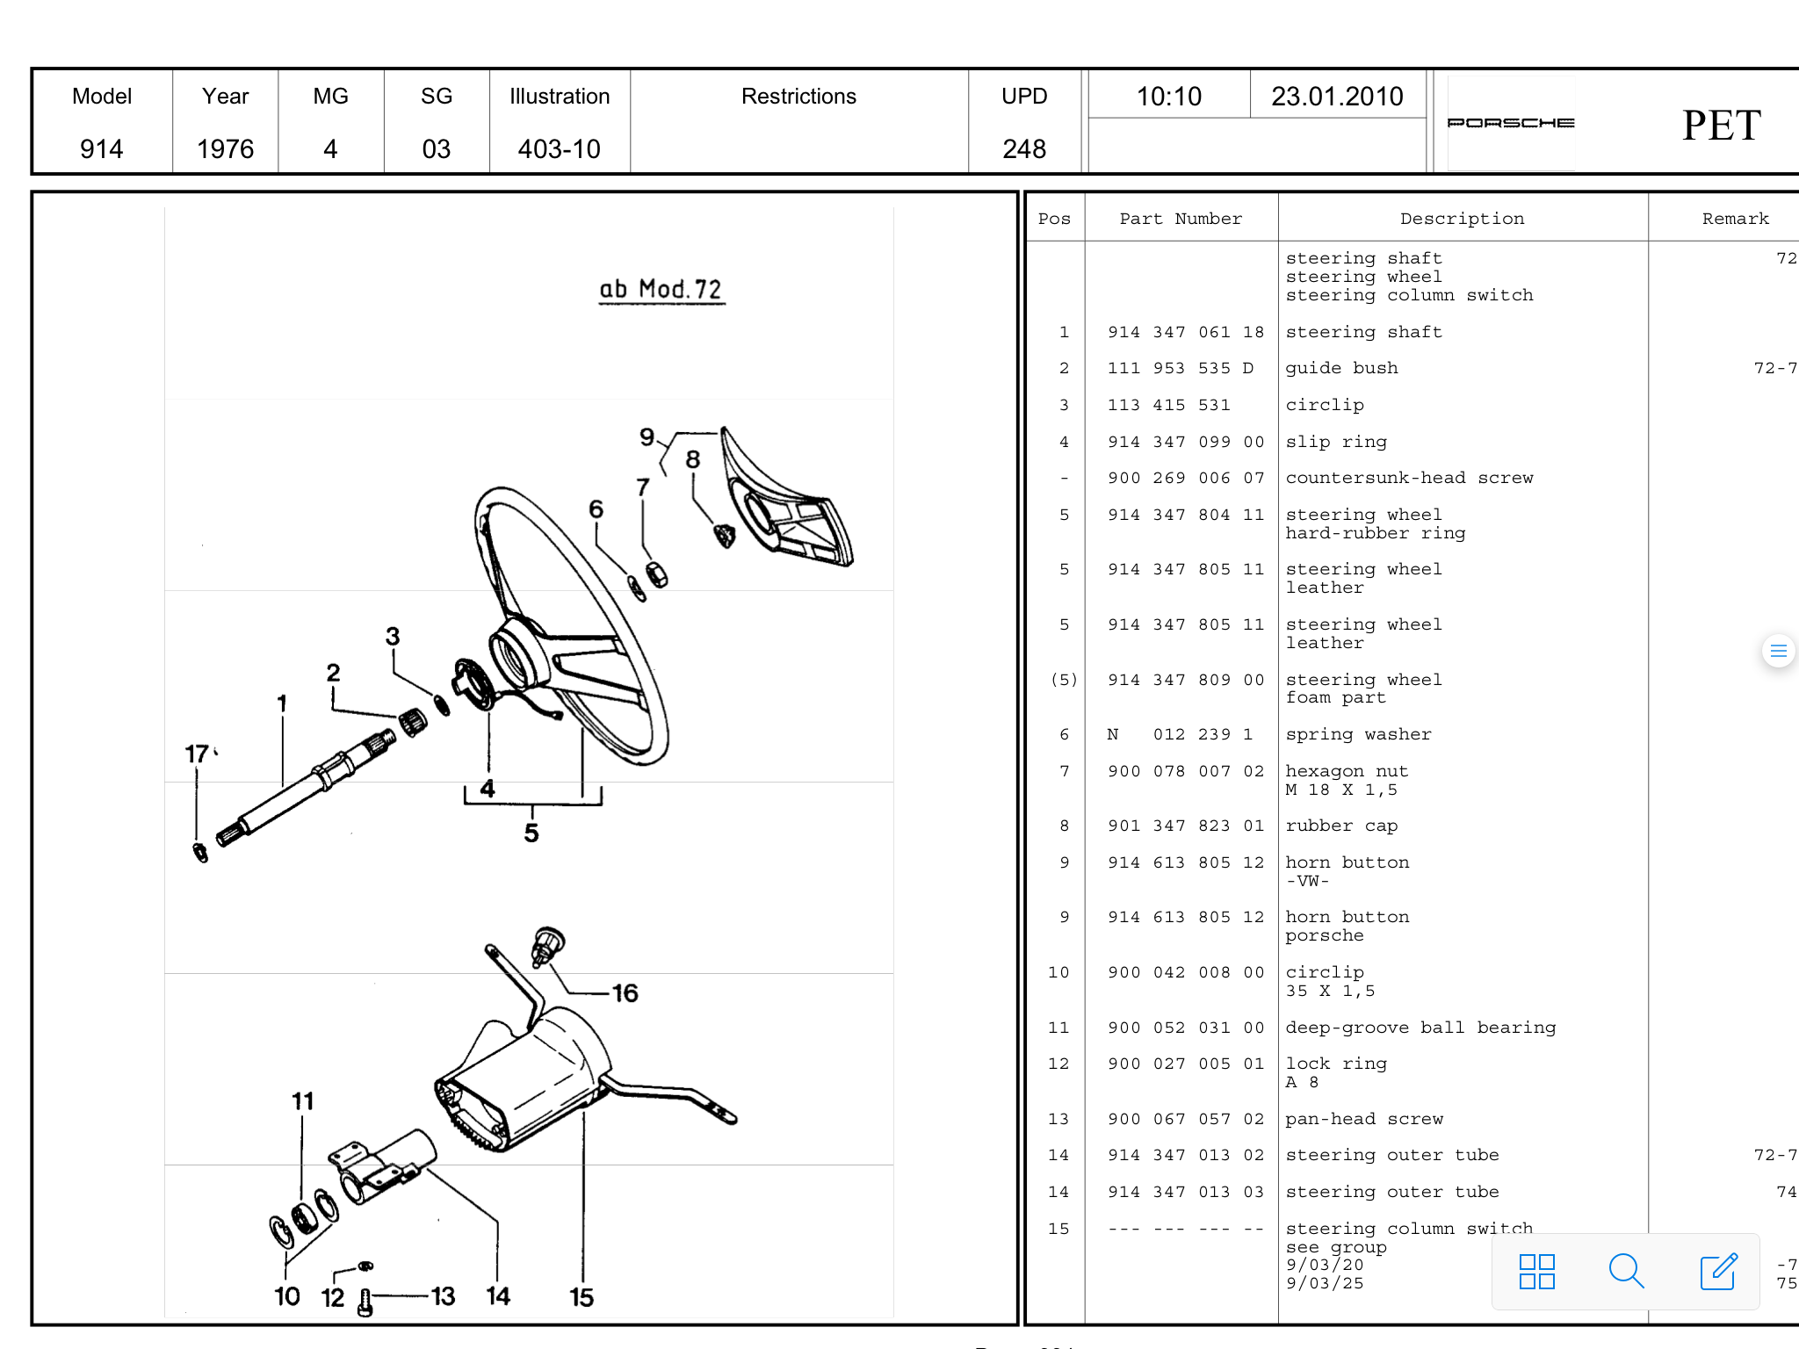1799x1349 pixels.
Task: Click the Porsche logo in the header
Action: point(1510,123)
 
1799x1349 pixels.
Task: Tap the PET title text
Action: point(1721,126)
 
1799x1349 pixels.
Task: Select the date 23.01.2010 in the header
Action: point(1337,97)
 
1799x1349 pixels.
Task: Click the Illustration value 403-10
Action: point(559,148)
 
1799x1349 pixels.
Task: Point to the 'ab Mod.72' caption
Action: point(661,289)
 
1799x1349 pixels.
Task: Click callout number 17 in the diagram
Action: point(197,754)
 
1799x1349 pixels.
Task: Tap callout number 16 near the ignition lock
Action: point(625,993)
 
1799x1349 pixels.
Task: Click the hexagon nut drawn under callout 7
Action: point(657,574)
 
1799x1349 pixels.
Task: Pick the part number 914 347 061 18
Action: point(1185,332)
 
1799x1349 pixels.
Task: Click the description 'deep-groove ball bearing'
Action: point(1420,1028)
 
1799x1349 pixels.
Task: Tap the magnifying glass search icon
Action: point(1625,1271)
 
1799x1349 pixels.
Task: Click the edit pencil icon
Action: point(1718,1271)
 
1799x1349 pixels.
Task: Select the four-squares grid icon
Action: point(1536,1271)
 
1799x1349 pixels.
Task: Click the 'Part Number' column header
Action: point(1181,219)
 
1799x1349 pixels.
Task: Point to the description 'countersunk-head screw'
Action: point(1409,478)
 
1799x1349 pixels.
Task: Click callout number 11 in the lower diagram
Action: point(302,1101)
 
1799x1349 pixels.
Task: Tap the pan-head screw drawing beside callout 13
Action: point(365,1302)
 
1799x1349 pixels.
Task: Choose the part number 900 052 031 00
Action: point(1185,1028)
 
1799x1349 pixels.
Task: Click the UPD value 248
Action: point(1024,148)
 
